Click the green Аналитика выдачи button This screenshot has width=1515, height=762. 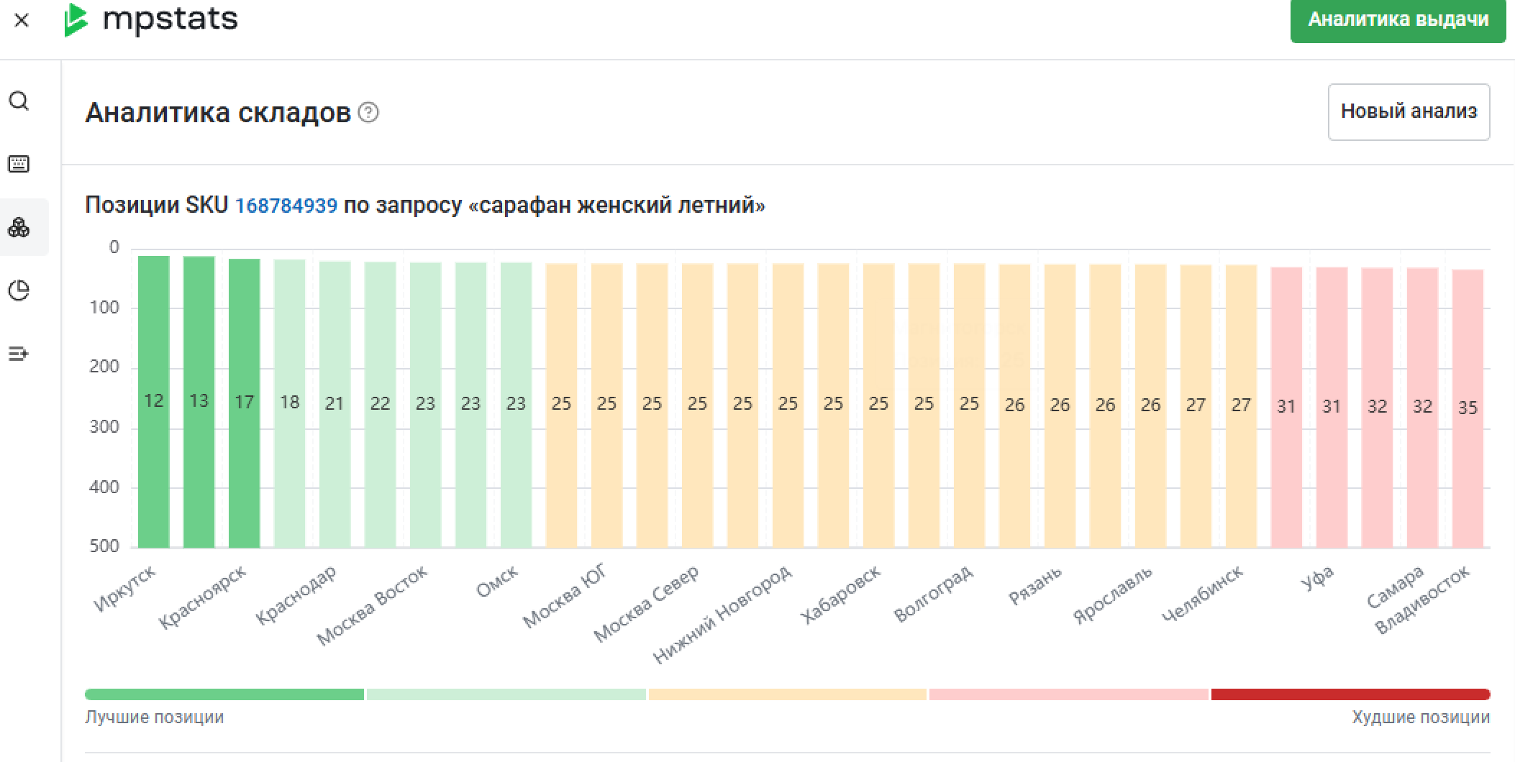1397,20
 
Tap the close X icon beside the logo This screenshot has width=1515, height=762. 22,20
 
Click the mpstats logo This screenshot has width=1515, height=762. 152,19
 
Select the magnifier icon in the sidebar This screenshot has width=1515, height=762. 19,101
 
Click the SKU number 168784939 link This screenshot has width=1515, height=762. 286,206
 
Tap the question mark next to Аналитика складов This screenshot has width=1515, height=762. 368,113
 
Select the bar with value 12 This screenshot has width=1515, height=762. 154,401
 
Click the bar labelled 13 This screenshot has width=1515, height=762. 199,401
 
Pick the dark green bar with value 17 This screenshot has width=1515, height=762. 244,403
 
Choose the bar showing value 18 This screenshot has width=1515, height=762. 289,403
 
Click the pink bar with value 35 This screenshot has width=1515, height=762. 1468,408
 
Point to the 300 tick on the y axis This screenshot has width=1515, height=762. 104,426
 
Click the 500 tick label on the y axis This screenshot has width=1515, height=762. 104,546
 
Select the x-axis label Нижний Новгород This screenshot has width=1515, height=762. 722,613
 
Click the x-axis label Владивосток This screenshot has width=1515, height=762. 1421,601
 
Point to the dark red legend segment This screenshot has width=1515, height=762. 1350,694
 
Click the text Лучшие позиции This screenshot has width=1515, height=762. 155,717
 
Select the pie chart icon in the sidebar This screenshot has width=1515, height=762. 19,290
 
